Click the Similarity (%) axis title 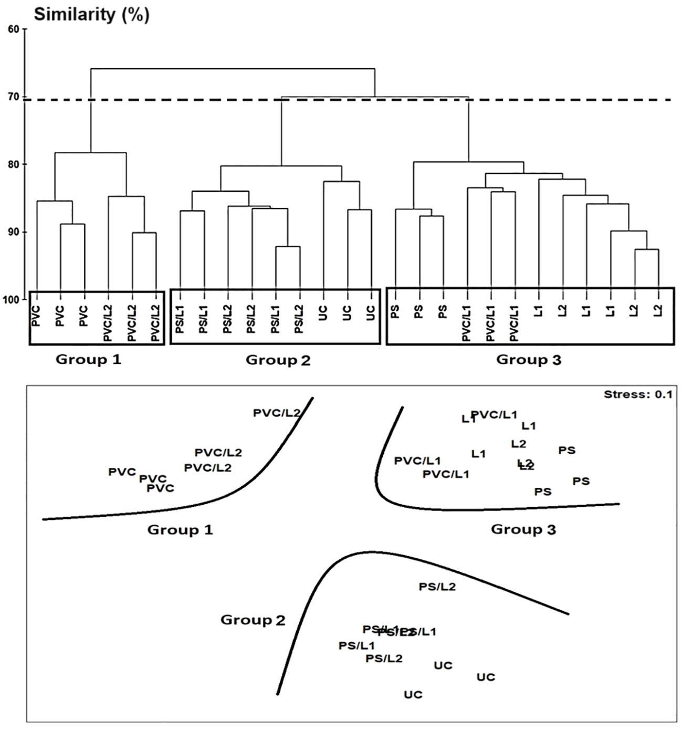point(91,14)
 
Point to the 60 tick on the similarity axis point(14,29)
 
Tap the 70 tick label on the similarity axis point(14,97)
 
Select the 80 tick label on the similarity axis point(14,164)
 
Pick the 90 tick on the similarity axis point(14,232)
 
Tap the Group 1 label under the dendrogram point(88,360)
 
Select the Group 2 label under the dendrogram point(278,360)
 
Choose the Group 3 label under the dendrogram point(528,360)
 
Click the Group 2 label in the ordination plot point(253,620)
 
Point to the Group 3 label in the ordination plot point(523,529)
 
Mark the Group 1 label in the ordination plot point(180,529)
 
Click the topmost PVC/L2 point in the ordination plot point(277,413)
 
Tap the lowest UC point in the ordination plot point(413,695)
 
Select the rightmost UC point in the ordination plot point(486,677)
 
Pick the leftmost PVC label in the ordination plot point(122,472)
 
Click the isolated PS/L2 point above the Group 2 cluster point(437,587)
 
